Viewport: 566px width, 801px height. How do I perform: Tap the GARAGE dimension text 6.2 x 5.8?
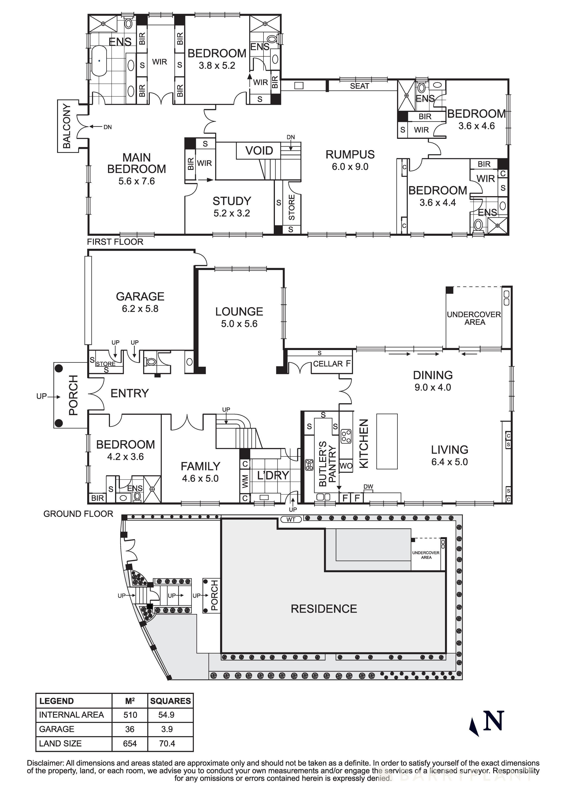click(x=140, y=308)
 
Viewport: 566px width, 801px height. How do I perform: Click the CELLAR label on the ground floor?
click(x=328, y=364)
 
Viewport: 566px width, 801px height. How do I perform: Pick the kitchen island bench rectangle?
click(x=387, y=441)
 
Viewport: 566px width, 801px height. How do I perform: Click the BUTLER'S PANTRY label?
click(x=327, y=464)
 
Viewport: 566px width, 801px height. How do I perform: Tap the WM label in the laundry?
click(x=245, y=481)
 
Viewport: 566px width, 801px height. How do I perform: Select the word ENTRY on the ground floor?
click(x=129, y=393)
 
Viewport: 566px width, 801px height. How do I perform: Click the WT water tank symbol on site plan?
click(x=291, y=519)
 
